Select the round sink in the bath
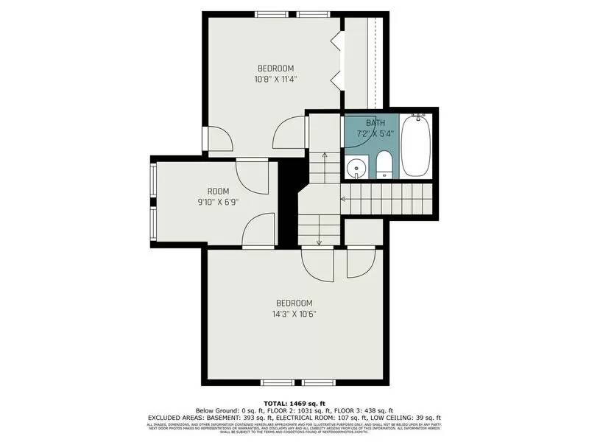(356, 166)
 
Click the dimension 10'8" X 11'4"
(276, 78)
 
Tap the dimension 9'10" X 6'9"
(219, 202)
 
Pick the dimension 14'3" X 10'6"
(294, 314)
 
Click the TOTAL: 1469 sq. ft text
(294, 402)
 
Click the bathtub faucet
(418, 116)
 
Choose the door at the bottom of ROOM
(257, 231)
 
